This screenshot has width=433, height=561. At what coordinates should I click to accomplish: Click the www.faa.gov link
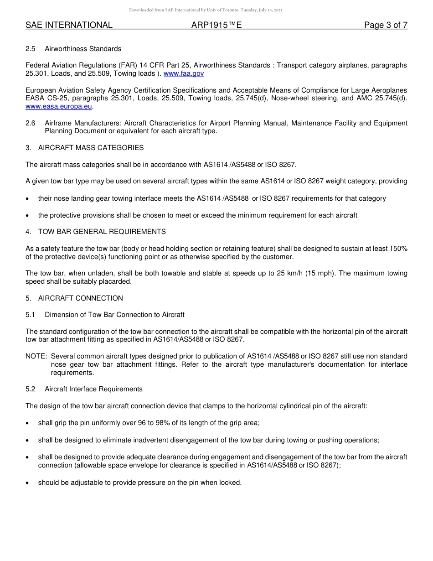pyautogui.click(x=184, y=73)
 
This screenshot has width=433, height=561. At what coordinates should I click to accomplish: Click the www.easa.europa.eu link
pyautogui.click(x=59, y=106)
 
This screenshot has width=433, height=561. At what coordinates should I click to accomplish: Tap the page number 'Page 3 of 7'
pyautogui.click(x=386, y=25)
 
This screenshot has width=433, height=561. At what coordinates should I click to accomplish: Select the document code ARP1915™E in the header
pyautogui.click(x=216, y=25)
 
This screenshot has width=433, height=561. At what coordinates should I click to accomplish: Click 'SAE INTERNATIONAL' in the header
pyautogui.click(x=69, y=25)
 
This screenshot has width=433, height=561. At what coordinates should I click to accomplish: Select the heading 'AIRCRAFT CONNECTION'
pyautogui.click(x=81, y=298)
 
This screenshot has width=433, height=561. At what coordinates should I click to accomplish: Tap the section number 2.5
pyautogui.click(x=31, y=49)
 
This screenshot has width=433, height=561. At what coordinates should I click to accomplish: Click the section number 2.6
pyautogui.click(x=31, y=123)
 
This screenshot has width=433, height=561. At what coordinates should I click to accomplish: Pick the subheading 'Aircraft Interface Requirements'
pyautogui.click(x=93, y=389)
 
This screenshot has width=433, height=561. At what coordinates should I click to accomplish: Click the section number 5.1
pyautogui.click(x=31, y=315)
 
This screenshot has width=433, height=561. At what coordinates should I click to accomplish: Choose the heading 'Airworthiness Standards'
pyautogui.click(x=83, y=49)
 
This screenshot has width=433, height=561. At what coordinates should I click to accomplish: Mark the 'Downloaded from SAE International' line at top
pyautogui.click(x=206, y=10)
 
